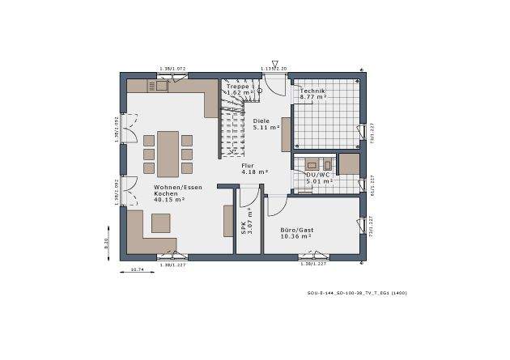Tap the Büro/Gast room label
coord(297,233)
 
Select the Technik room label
coord(312,94)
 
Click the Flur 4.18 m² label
coord(253,168)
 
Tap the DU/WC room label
coord(318,177)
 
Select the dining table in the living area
coord(168,154)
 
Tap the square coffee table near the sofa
coord(161,222)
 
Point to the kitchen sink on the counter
coord(161,84)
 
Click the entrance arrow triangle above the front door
coord(275,63)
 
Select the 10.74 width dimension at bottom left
coord(138,269)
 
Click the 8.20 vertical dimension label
coord(106,243)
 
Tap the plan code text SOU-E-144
coord(351,292)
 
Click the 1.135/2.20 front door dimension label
coord(274,70)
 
